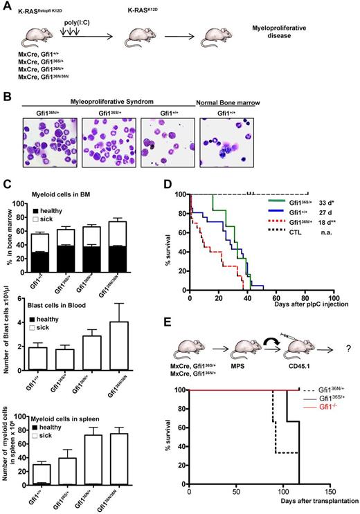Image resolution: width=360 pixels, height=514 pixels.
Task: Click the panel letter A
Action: pyautogui.click(x=6, y=7)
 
